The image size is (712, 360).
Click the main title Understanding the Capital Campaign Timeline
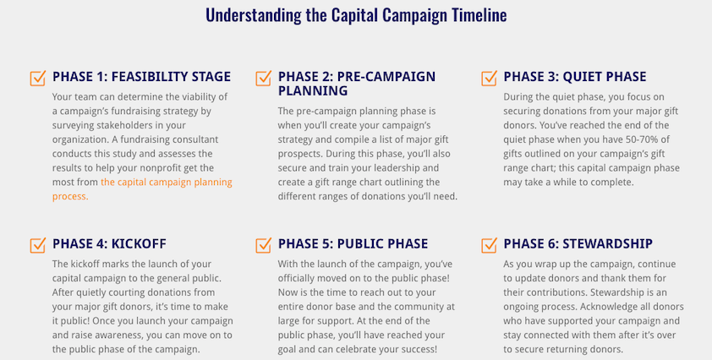coord(356,15)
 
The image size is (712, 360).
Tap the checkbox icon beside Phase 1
coord(38,78)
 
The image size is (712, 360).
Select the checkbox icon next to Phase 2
coord(263,78)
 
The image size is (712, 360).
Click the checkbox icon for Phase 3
coord(489,78)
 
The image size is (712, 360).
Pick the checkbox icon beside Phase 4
coord(38,245)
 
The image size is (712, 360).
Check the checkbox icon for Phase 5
coord(263,245)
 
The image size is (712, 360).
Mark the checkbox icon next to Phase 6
coord(489,245)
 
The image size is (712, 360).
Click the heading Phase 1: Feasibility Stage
coord(142,77)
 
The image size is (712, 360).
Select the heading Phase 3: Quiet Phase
coord(575,77)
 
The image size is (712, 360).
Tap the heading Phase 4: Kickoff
coord(109,243)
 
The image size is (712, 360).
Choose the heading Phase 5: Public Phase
coord(353,243)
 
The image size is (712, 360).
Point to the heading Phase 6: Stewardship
coord(578,243)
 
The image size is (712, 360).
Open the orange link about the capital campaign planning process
coord(142,189)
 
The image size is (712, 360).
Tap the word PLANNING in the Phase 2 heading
coord(313,90)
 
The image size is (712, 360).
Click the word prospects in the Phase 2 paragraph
coord(299,155)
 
